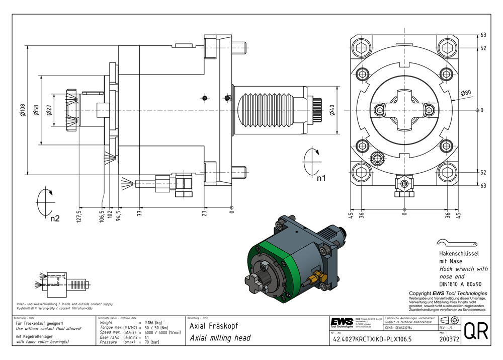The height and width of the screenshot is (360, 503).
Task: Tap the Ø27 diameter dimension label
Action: [49, 111]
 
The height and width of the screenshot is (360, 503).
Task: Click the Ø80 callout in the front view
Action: [465, 93]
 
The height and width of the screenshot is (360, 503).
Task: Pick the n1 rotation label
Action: [320, 177]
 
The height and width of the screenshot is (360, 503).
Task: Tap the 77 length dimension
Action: [140, 213]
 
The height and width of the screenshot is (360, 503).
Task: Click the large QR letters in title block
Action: [475, 331]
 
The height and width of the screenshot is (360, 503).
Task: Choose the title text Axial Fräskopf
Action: [210, 326]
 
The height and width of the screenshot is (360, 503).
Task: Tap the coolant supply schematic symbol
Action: [58, 282]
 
